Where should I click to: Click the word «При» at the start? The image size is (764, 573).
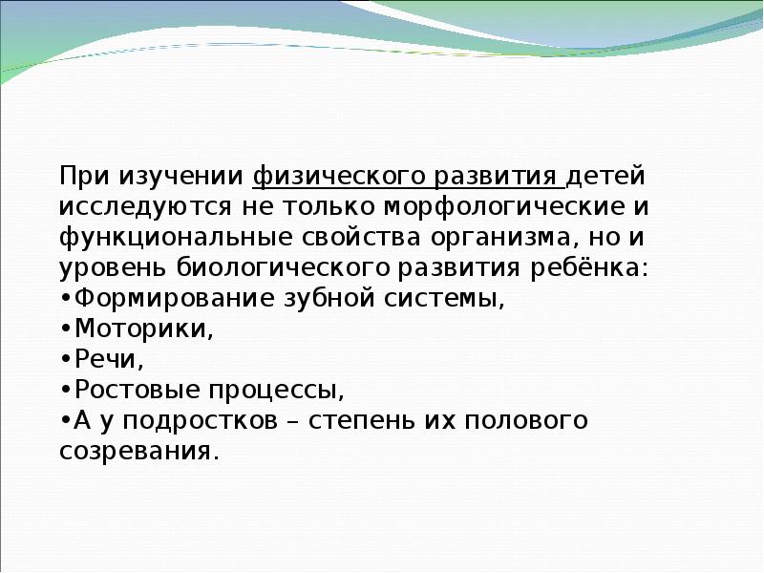[84, 176]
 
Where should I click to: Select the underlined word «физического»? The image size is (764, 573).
[340, 178]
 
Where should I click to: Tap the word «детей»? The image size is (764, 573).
[605, 178]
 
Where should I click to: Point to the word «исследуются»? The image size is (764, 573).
[145, 208]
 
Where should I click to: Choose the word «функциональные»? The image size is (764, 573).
[176, 238]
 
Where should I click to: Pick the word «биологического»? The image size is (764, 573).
[283, 268]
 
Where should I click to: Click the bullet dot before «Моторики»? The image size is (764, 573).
[66, 329]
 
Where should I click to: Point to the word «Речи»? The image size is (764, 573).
[105, 359]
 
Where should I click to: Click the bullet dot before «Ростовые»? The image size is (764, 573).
[66, 390]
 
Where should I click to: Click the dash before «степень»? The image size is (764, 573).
[293, 421]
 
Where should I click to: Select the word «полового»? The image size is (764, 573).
[526, 420]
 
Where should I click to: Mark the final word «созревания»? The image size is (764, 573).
[136, 452]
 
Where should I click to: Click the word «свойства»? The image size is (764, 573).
[361, 238]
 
